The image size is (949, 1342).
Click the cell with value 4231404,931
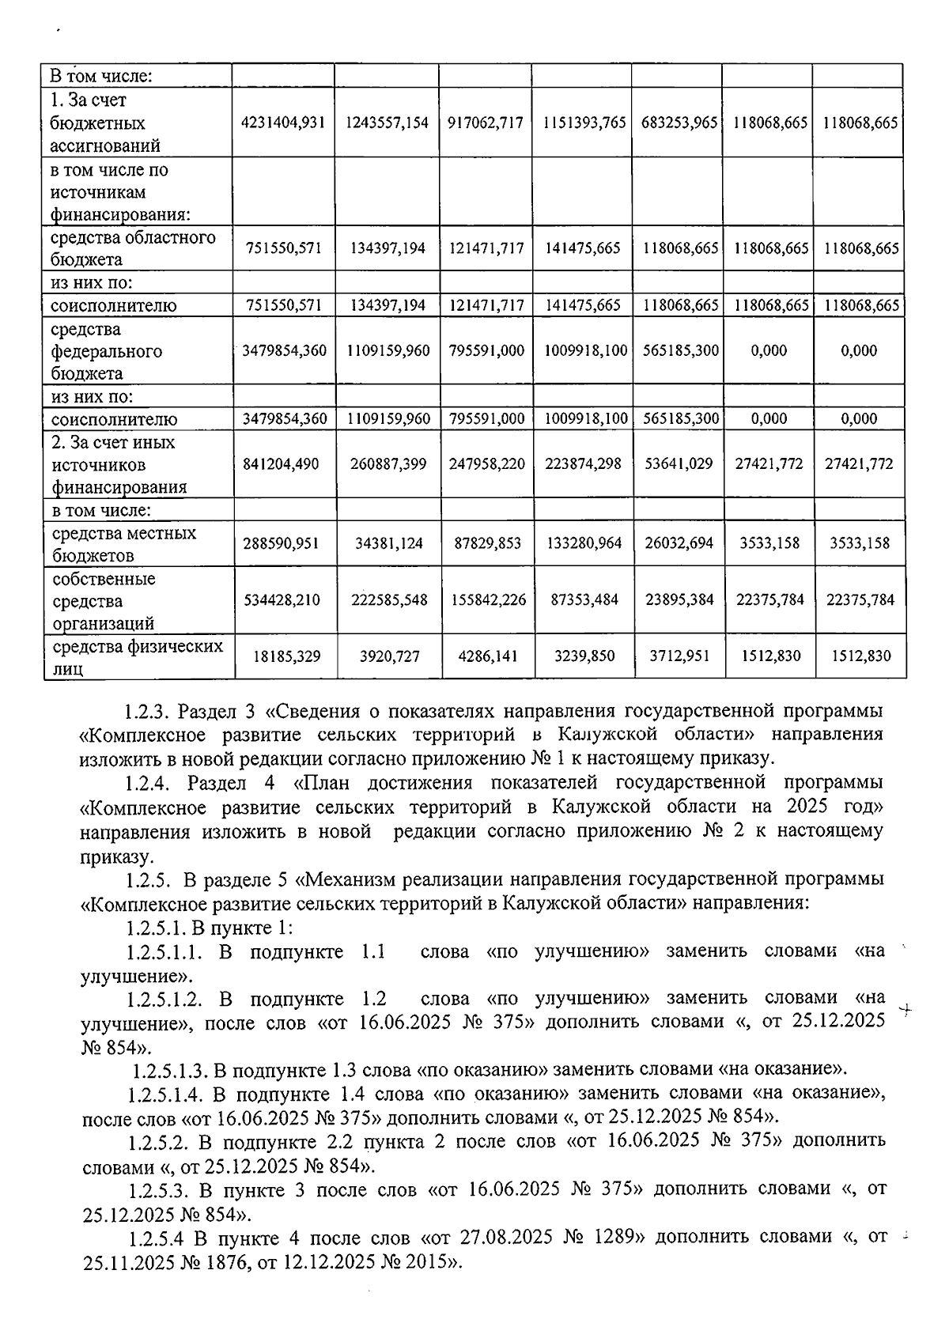[x=284, y=123]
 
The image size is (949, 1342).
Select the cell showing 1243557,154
[x=388, y=123]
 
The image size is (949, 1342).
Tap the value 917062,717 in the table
[x=486, y=123]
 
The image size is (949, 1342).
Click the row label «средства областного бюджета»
[x=133, y=248]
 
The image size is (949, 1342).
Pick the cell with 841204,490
[x=284, y=464]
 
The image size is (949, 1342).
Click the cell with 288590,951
[x=284, y=543]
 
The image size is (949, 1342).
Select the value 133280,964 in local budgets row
[x=584, y=543]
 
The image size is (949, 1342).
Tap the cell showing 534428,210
[x=284, y=600]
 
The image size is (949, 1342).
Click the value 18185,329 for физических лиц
[x=285, y=656]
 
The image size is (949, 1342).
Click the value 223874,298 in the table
[x=583, y=464]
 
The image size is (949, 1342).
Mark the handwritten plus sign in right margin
[x=906, y=1010]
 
